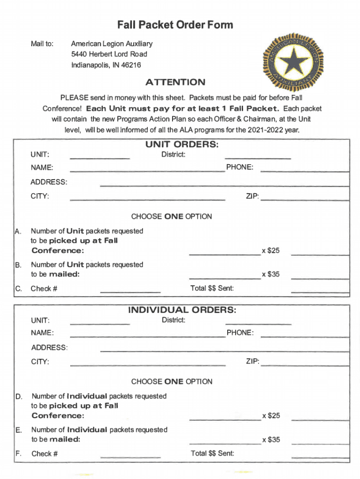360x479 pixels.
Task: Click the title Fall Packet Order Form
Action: [x=175, y=25]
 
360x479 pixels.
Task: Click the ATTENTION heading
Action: [x=175, y=82]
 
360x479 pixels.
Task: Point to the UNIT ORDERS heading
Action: [x=182, y=145]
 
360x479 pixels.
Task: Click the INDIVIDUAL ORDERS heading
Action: [x=182, y=310]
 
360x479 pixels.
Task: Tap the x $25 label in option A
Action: [x=271, y=251]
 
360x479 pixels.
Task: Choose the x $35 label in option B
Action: [x=271, y=274]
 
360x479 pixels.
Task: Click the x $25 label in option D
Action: [x=271, y=416]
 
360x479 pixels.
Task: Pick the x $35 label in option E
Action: [x=271, y=440]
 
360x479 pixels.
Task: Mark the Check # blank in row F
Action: [x=130, y=457]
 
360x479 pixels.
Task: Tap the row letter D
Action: [x=19, y=397]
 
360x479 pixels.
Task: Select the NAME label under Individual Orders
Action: [x=42, y=333]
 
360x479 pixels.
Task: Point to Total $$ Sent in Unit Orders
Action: [x=212, y=288]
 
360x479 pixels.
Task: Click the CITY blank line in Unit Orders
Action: [x=147, y=200]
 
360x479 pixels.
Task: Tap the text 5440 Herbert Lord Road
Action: [x=109, y=54]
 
